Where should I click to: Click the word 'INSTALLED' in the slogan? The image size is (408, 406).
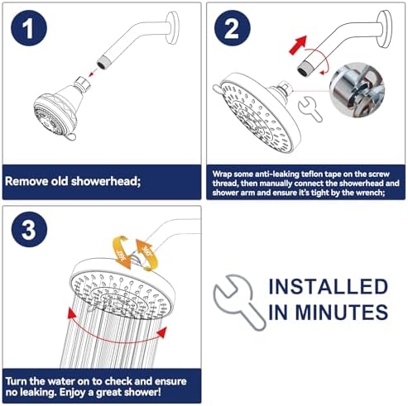coord(328,288)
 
